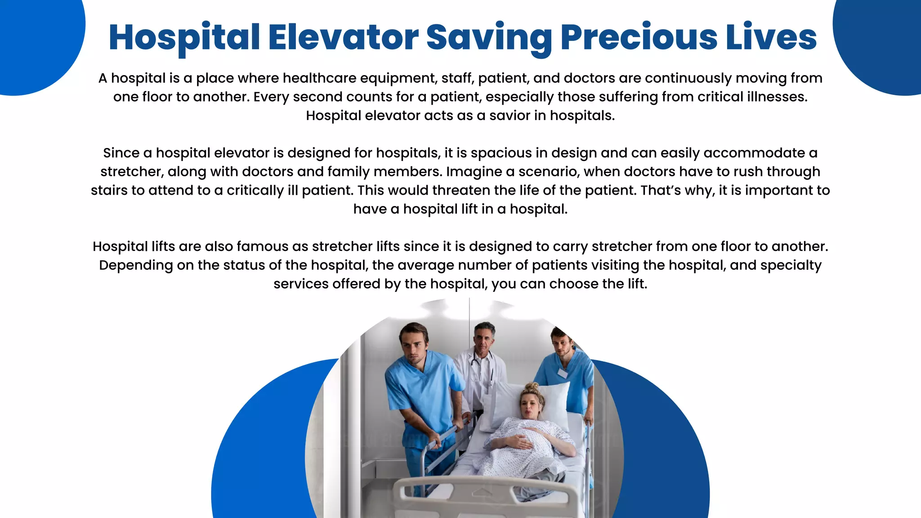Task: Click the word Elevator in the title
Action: pos(344,37)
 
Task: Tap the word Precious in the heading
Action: pos(639,37)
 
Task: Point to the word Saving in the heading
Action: pos(489,38)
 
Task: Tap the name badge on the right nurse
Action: pos(562,373)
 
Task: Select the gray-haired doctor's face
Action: pos(483,338)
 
